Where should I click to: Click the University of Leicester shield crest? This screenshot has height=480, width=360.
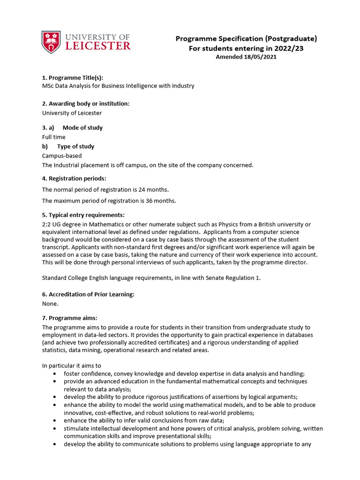click(51, 42)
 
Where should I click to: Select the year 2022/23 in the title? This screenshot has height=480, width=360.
click(287, 48)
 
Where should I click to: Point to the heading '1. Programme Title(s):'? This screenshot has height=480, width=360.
click(73, 77)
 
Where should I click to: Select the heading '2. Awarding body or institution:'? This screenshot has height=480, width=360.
click(86, 103)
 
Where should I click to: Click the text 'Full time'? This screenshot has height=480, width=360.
click(54, 137)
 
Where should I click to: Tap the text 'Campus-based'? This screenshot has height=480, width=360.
click(62, 156)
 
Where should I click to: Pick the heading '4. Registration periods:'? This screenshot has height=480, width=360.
click(74, 178)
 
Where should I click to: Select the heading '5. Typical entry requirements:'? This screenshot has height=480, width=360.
click(83, 215)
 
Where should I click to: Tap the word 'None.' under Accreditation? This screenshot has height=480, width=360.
click(50, 303)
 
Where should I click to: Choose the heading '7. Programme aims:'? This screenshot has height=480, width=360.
click(70, 318)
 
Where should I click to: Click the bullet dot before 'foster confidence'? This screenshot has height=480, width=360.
click(56, 374)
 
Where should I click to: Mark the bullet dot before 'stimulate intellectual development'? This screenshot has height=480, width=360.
click(56, 428)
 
